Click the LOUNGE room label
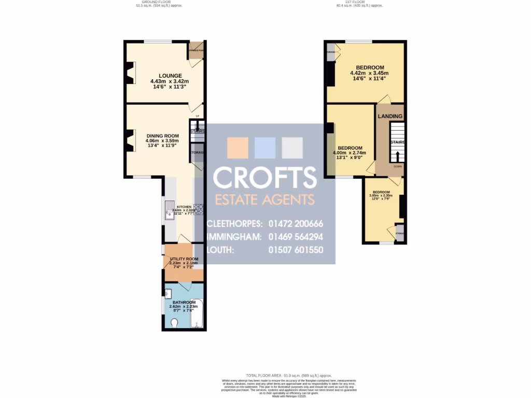(x=169, y=75)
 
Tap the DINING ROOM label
(x=162, y=136)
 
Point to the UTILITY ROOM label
(x=184, y=259)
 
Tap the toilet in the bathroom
(x=174, y=323)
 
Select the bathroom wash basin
(x=167, y=294)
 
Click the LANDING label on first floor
(x=389, y=116)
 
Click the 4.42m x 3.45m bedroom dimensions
(x=369, y=73)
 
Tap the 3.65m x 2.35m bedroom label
(x=381, y=192)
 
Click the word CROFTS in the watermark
(x=265, y=178)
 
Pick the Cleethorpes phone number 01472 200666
(x=296, y=224)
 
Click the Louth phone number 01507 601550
(x=296, y=250)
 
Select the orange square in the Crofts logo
(x=237, y=148)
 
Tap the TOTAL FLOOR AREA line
(x=289, y=375)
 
